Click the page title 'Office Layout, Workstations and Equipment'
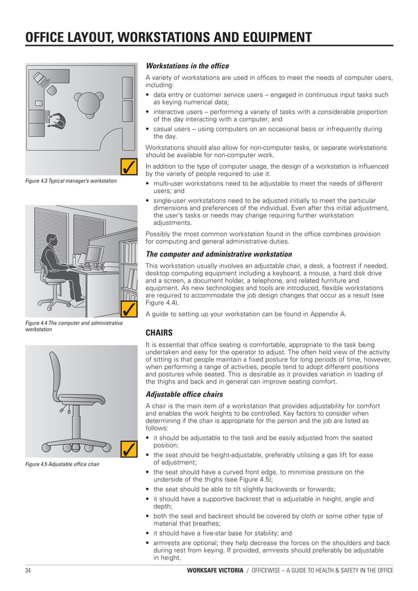pyautogui.click(x=168, y=37)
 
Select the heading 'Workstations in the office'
pyautogui.click(x=187, y=66)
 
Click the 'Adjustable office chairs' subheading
pyautogui.click(x=184, y=395)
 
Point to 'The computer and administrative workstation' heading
pyautogui.click(x=218, y=254)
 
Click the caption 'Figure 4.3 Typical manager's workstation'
pyautogui.click(x=71, y=180)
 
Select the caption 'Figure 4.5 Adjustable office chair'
pyautogui.click(x=63, y=465)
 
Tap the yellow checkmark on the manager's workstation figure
pyautogui.click(x=129, y=166)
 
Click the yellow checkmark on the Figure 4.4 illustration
pyautogui.click(x=129, y=308)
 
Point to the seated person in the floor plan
pyautogui.click(x=58, y=121)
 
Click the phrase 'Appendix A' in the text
pyautogui.click(x=322, y=314)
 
